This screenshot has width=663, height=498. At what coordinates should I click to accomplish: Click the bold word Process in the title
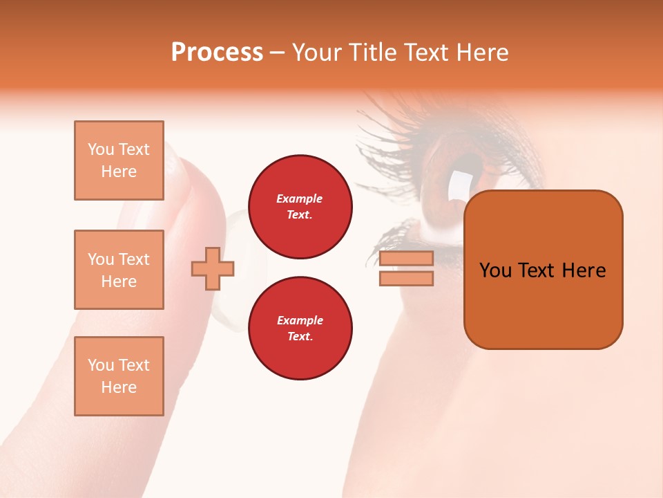(217, 53)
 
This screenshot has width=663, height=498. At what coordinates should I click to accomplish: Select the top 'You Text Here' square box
(119, 160)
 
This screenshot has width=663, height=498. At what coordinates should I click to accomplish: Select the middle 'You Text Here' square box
(119, 270)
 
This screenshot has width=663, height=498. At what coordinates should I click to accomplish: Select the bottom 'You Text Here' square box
(119, 376)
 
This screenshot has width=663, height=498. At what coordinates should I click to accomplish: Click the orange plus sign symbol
(213, 268)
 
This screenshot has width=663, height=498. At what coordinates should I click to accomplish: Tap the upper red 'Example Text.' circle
(300, 207)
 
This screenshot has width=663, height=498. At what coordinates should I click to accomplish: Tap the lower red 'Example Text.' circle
(300, 329)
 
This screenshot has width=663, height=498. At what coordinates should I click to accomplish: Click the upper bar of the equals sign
(406, 259)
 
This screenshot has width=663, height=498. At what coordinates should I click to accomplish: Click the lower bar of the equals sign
(406, 278)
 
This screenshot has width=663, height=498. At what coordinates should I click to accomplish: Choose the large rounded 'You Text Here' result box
(543, 270)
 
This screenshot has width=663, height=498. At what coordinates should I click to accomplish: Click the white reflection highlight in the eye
(458, 185)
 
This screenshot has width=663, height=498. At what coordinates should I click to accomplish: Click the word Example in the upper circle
(300, 199)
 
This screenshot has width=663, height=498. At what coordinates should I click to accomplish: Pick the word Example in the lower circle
(300, 320)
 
